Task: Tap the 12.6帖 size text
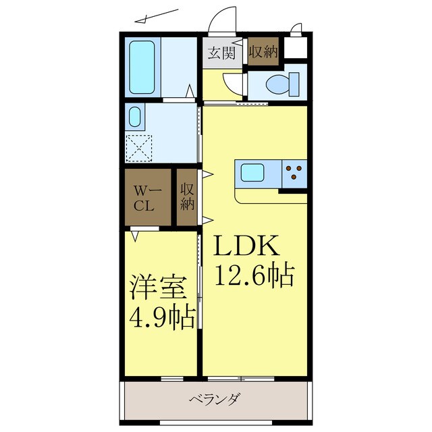254,275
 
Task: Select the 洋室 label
156,286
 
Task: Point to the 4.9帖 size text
162,315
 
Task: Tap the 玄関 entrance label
221,52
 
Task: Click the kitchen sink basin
255,173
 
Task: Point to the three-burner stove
294,173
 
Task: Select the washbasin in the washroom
134,117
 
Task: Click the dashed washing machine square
140,147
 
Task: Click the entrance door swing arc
219,24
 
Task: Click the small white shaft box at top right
295,48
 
